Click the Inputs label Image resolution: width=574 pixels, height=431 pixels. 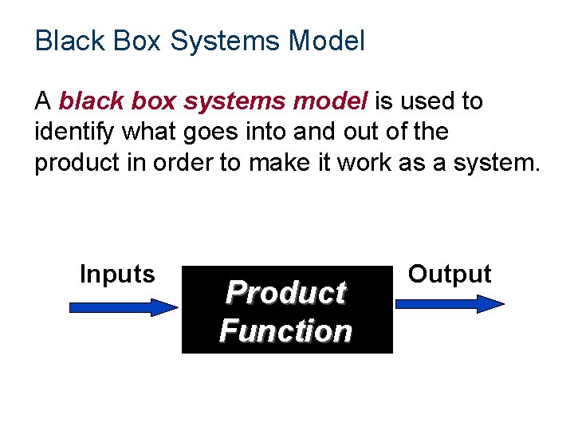(x=117, y=274)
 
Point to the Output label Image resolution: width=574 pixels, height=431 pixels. (x=450, y=274)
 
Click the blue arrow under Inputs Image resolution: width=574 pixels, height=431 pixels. (x=124, y=306)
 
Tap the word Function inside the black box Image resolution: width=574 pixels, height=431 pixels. (x=285, y=330)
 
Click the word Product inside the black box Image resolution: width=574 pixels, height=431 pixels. (x=285, y=293)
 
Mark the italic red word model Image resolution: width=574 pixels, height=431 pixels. (x=330, y=101)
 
